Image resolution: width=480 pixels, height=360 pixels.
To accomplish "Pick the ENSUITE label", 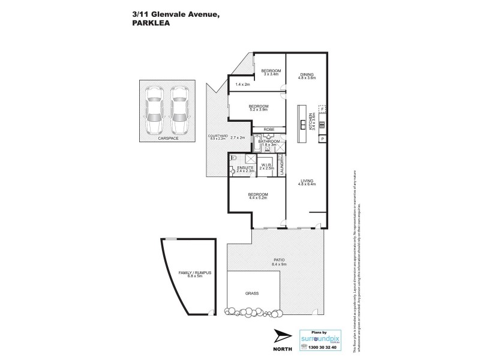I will (245, 167).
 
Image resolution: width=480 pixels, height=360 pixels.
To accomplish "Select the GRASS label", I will (251, 293).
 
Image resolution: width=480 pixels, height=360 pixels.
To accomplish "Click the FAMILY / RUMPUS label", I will (191, 273).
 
